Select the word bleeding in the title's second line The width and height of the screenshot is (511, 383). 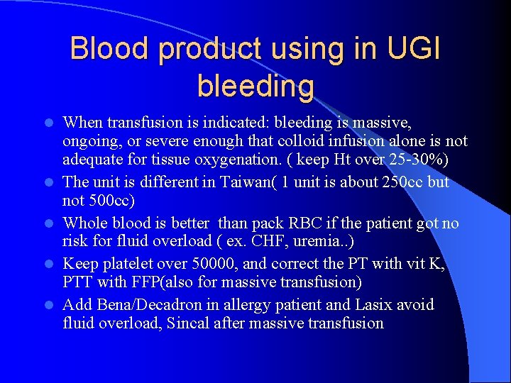(x=255, y=86)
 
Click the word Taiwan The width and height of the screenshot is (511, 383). (x=259, y=182)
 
